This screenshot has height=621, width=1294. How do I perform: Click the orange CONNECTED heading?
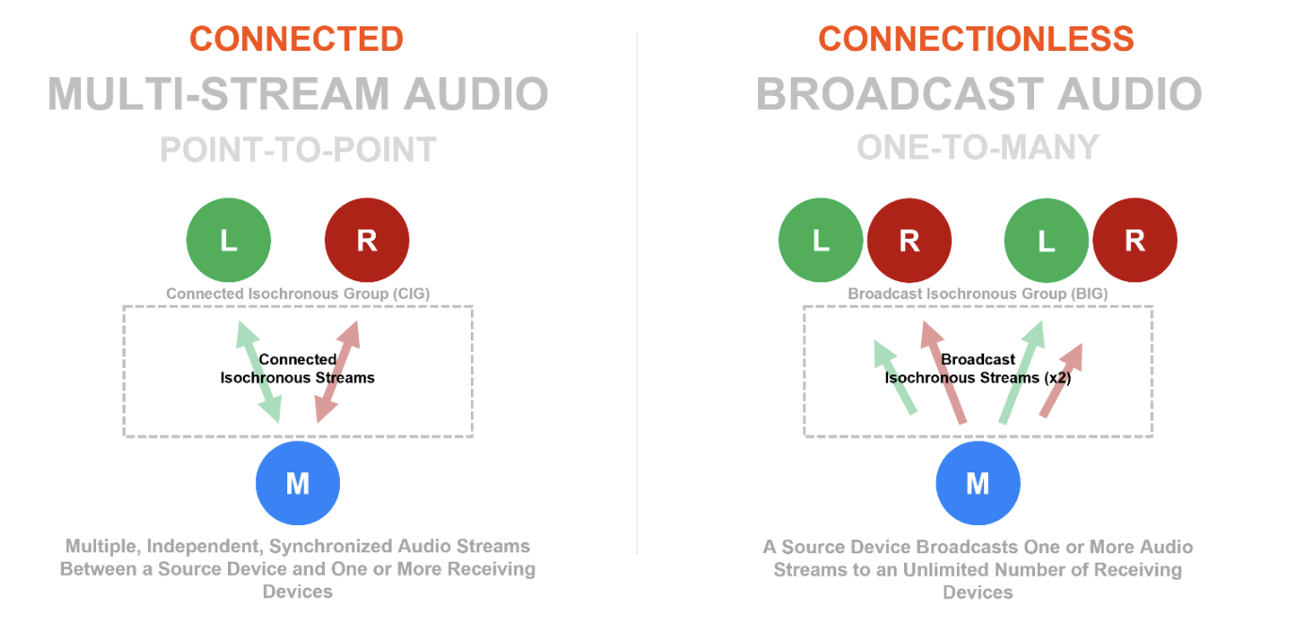pos(297,39)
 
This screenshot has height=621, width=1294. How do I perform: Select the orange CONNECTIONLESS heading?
pos(976,39)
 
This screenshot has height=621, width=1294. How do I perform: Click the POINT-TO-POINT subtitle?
pos(298,150)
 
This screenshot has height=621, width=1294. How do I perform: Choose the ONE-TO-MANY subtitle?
pos(978,148)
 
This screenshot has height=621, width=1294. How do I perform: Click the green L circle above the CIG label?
pos(229,240)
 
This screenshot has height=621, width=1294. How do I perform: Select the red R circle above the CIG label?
pos(366,240)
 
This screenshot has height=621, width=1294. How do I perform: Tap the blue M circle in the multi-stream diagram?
pos(298,484)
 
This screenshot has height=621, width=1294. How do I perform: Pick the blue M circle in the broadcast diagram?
pos(978,484)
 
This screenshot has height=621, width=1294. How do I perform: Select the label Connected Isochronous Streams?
pos(298,369)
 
